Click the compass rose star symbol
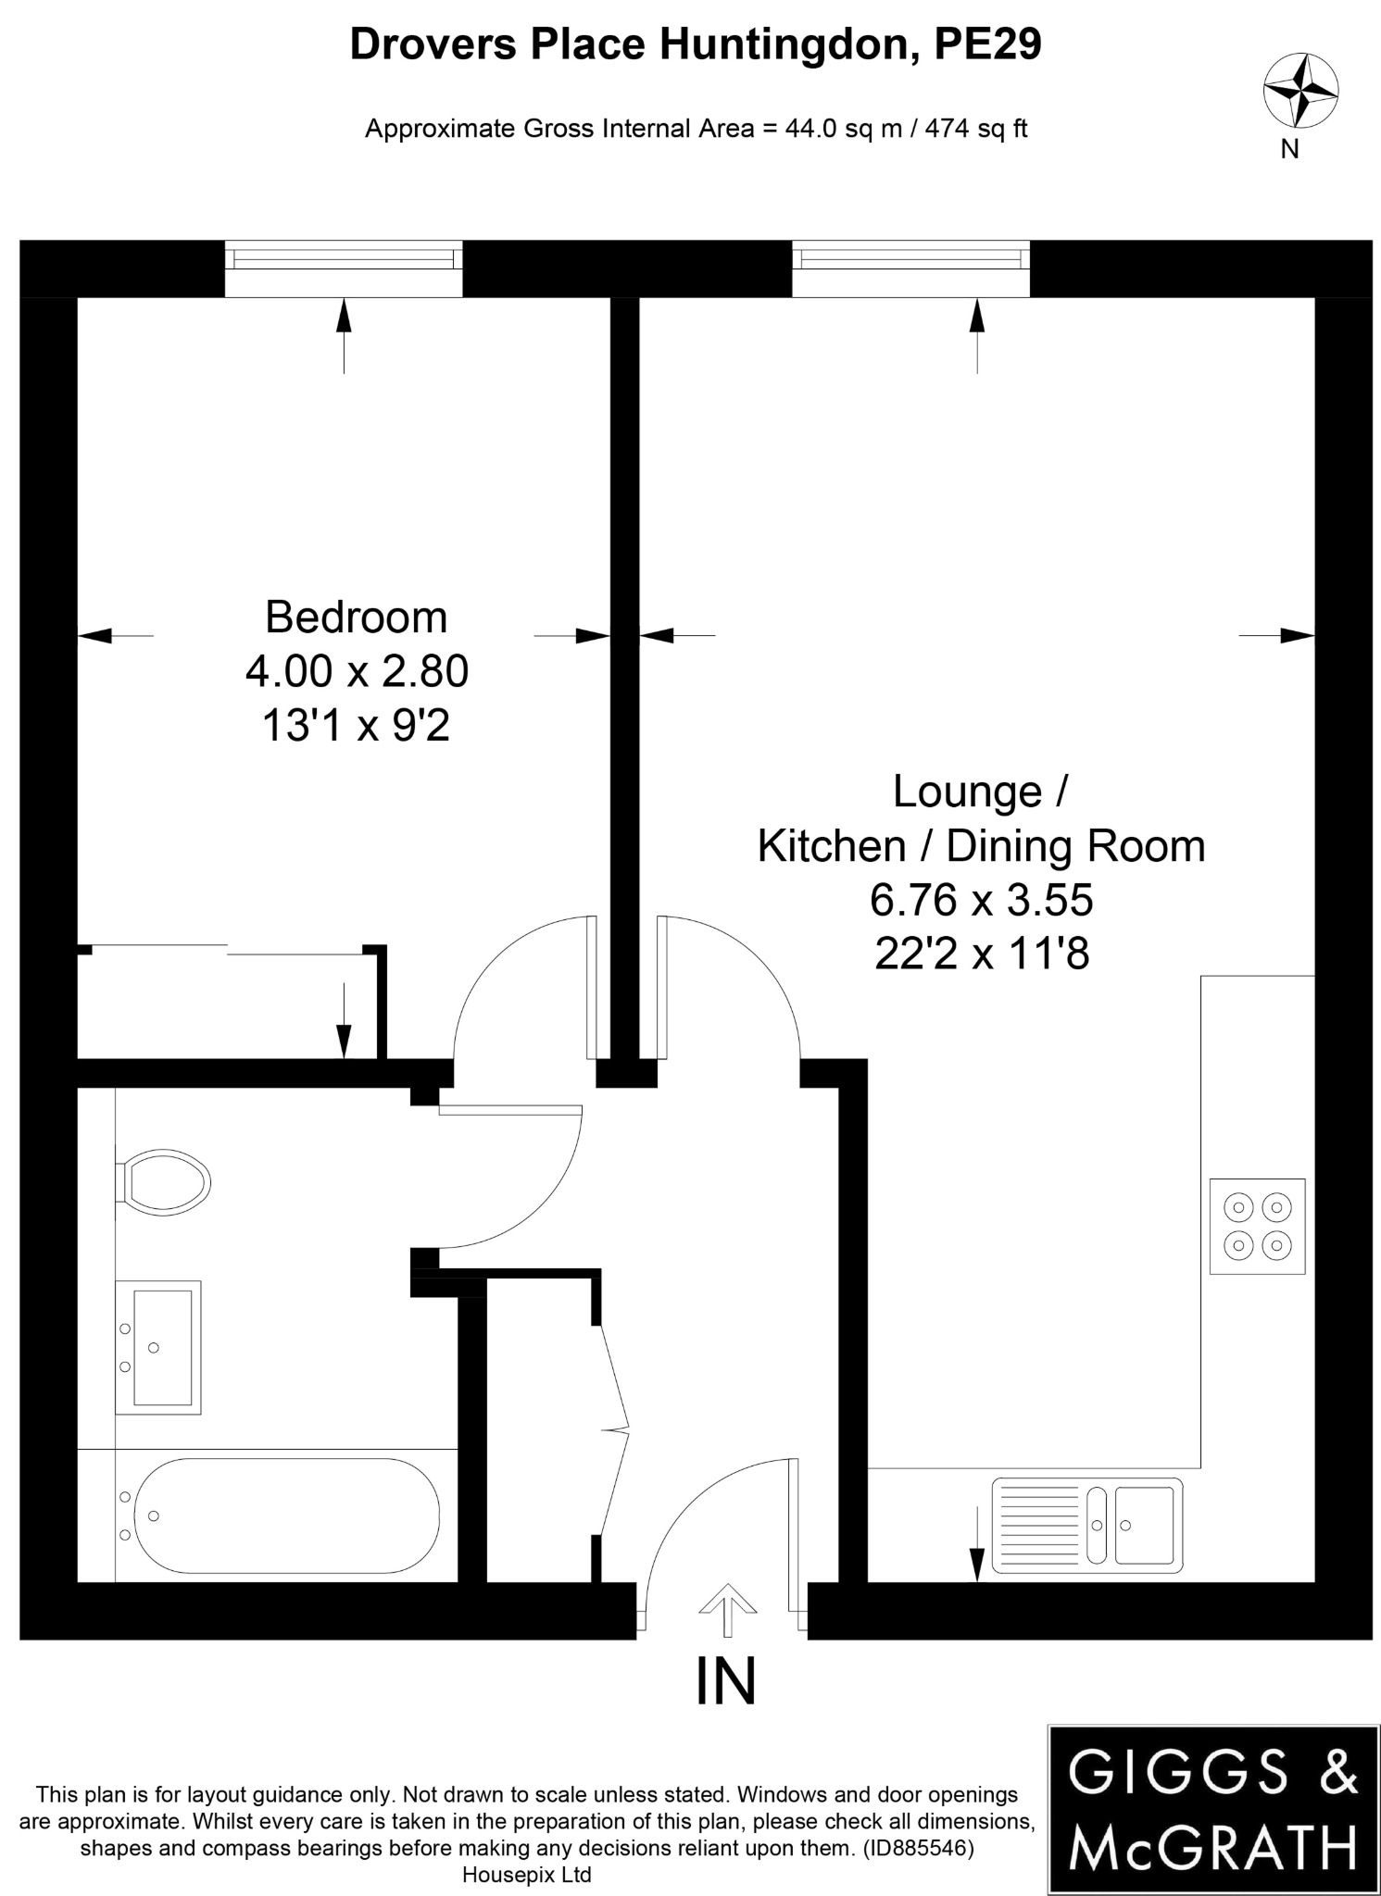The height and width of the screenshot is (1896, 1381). tap(1300, 91)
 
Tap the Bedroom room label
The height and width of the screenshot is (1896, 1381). tap(356, 617)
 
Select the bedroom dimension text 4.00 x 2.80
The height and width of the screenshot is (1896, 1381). tap(357, 671)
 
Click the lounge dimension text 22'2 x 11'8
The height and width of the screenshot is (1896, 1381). tap(981, 954)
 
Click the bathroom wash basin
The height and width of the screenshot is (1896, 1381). tap(158, 1347)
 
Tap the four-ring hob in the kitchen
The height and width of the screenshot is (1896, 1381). tap(1257, 1227)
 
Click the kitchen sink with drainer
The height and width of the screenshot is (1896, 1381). tap(1086, 1525)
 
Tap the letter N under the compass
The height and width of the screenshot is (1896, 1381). tap(1289, 150)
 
